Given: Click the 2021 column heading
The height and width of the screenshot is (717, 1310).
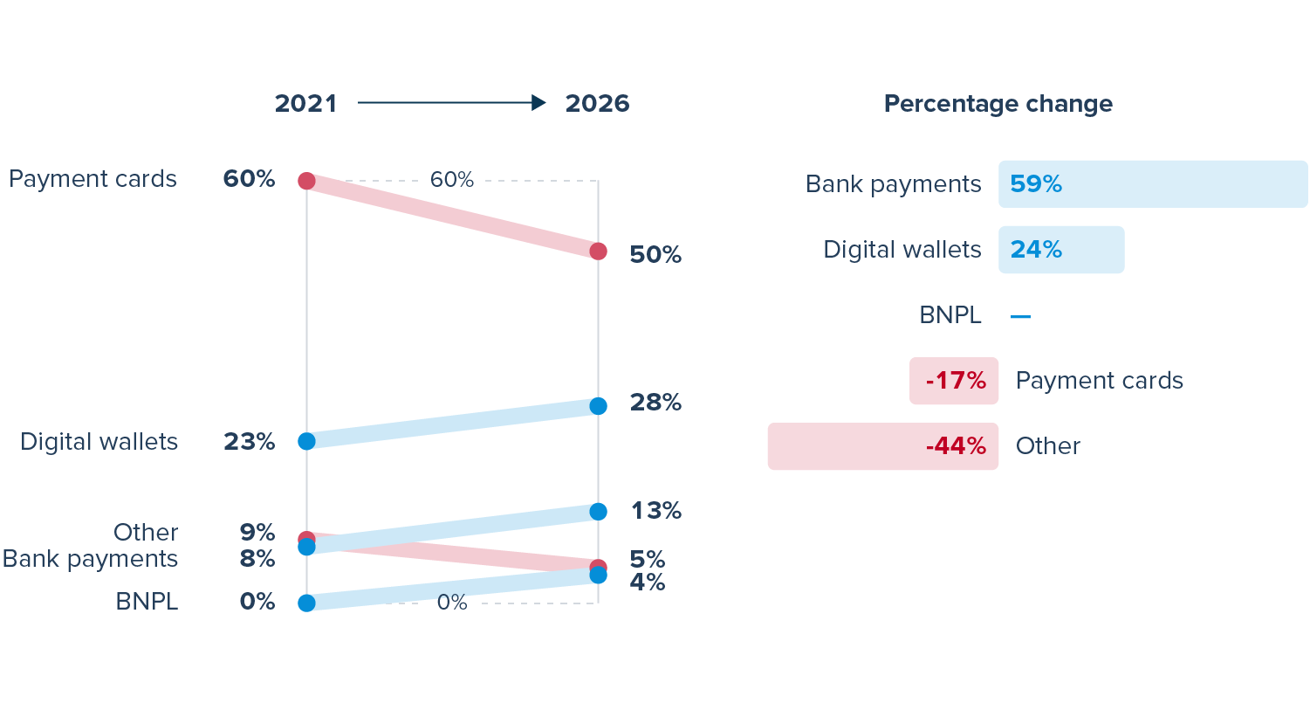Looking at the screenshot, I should pos(305,103).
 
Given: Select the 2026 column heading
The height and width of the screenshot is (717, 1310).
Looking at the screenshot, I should pos(597,103).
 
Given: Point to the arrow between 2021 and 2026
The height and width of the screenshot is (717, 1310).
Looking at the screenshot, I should pos(451,103).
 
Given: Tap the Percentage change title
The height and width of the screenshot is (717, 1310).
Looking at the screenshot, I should pos(998,104).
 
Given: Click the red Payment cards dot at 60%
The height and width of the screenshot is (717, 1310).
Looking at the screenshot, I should pos(306,181).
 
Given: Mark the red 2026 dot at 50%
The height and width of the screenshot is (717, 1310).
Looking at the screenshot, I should pos(598,252).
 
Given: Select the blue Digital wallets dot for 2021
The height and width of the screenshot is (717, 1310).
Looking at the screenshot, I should pos(306,441).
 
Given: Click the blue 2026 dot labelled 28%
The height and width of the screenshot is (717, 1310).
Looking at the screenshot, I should pos(598,406).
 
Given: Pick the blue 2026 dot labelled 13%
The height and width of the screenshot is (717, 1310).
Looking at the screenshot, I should pos(598,512).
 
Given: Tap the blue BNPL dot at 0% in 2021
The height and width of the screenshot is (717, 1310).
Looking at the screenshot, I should pos(306,603).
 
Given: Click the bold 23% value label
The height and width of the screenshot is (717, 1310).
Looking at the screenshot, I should pos(249,442).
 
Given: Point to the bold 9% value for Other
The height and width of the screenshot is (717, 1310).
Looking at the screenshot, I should pos(257,532).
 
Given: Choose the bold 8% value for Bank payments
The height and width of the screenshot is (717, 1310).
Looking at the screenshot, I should pos(257,559).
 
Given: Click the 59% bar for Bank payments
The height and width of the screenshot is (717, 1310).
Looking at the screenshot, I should pos(1152,184).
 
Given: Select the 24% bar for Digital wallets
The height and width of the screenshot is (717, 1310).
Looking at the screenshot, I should pos(1060,250).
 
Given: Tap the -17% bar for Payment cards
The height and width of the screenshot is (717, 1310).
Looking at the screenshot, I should pos(954,381).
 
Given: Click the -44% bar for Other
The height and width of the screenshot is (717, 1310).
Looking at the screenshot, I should pos(882,446).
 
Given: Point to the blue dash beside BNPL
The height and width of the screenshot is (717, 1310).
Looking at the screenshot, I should pos(1020,316).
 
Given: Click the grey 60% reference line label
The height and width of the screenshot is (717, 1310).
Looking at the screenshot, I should pos(451,180).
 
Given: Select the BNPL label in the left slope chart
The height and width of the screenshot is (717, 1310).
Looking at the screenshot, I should pos(147,602).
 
